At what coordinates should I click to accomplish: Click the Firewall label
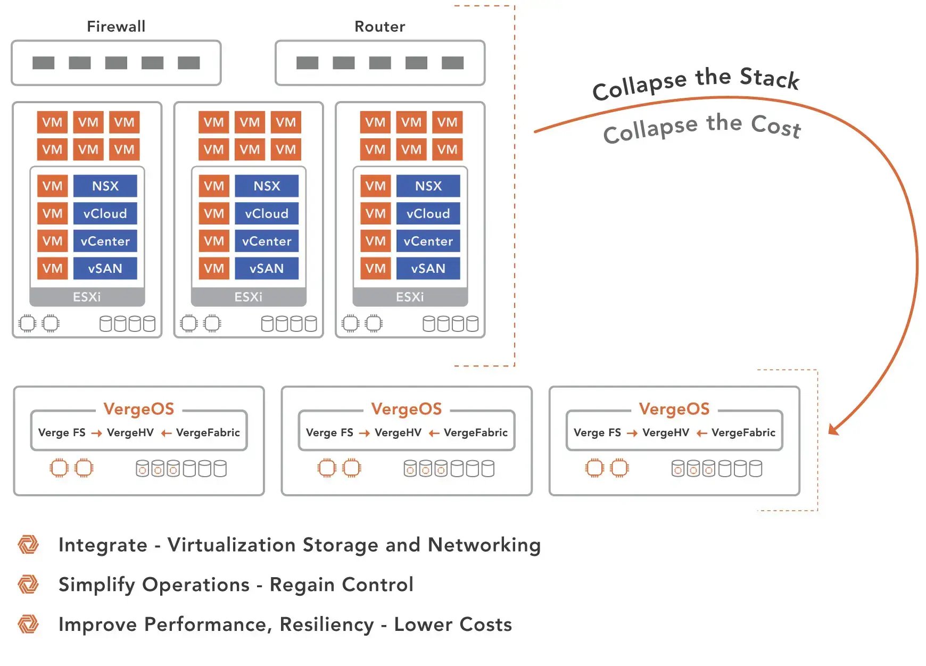click(x=116, y=26)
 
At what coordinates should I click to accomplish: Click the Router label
click(x=379, y=26)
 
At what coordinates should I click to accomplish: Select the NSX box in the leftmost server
click(x=105, y=186)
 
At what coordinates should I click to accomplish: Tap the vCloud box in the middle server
click(x=267, y=214)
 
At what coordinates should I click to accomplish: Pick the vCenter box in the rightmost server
click(x=428, y=242)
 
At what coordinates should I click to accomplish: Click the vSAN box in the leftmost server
click(x=105, y=269)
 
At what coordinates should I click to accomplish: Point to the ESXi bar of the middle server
click(x=249, y=297)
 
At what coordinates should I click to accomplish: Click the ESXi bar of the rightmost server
click(x=410, y=297)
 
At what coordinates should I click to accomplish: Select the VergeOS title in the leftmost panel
click(x=139, y=409)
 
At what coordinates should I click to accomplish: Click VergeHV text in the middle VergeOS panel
click(x=398, y=432)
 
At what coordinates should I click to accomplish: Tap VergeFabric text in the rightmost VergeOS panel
click(x=743, y=432)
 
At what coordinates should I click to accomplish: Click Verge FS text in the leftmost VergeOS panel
click(x=62, y=432)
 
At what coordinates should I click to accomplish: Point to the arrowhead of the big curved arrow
click(x=833, y=429)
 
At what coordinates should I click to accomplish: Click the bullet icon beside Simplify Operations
click(x=28, y=584)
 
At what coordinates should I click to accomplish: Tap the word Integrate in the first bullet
click(x=103, y=545)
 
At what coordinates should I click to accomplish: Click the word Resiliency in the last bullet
click(x=327, y=625)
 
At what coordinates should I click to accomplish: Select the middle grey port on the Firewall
click(x=116, y=63)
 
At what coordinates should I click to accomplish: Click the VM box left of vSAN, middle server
click(x=214, y=269)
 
